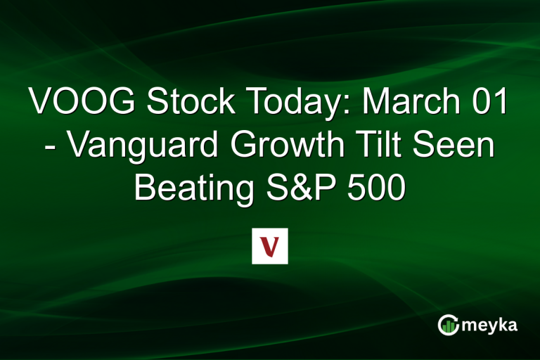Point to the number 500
pos(377,189)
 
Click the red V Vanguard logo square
pos(270,246)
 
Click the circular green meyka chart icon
pos(449,325)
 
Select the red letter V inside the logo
pos(270,246)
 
